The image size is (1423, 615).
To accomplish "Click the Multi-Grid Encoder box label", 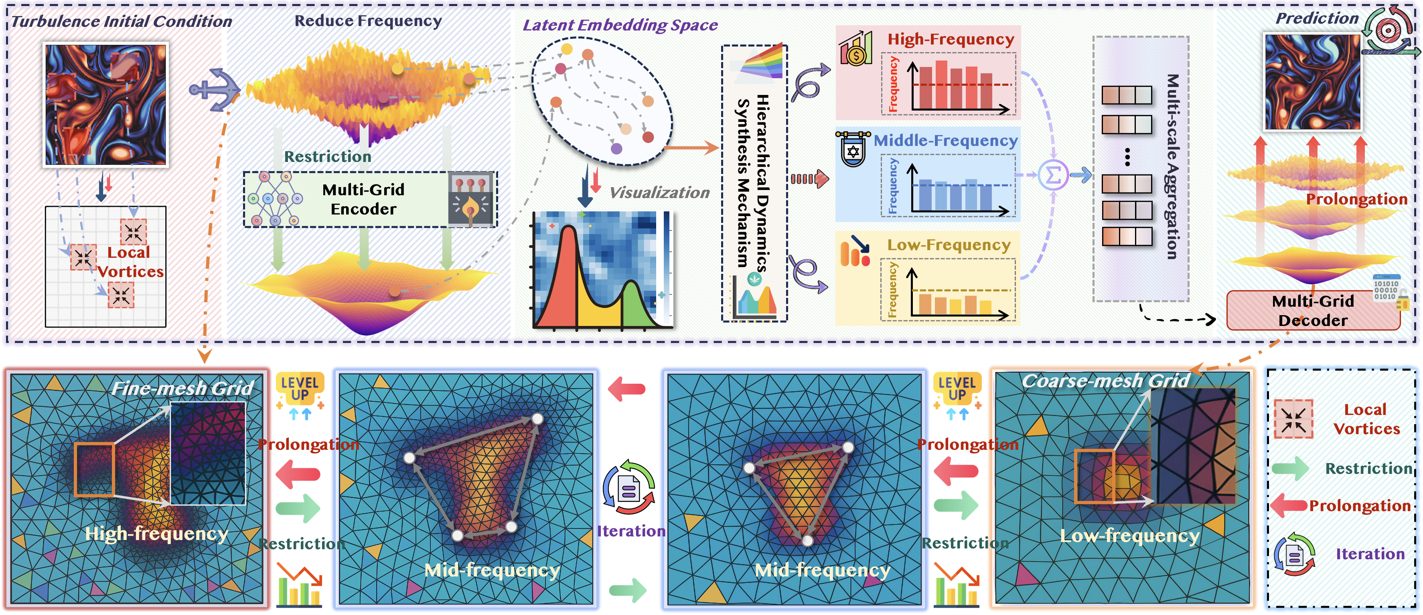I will point(363,199).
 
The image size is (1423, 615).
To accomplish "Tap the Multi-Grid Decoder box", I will point(1313,311).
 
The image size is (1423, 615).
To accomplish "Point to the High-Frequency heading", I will point(951,40).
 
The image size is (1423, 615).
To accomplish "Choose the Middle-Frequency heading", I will point(945,141).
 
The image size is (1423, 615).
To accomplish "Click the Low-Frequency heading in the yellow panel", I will point(949,245).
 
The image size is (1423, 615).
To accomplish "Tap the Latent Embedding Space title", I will point(620,25).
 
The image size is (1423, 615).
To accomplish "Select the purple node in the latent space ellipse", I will point(616,148).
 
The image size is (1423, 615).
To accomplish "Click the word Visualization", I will point(659,193).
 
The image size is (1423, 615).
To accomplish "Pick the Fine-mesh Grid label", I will point(182,388).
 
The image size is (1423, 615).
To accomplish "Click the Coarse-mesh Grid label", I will point(1105,381).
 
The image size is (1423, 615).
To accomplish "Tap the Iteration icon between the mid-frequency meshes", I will point(628,488).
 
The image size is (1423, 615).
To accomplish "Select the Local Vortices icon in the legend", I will point(1293,419).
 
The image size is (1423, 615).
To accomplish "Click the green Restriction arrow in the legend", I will point(1290,469).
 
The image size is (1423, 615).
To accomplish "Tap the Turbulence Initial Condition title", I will point(122,22).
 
